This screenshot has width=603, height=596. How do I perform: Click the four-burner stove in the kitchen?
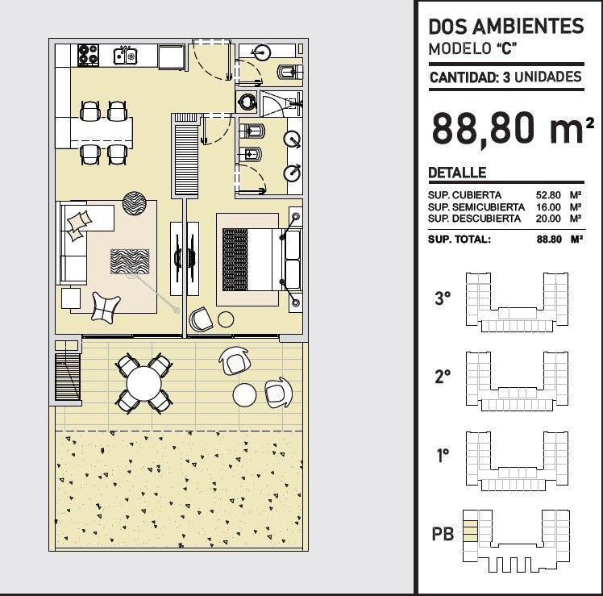[89, 55]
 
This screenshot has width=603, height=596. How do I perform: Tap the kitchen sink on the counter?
[126, 56]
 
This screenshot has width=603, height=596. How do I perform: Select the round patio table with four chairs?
[143, 383]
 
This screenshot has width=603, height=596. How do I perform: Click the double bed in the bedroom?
[261, 260]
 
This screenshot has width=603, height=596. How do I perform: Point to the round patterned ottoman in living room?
[134, 203]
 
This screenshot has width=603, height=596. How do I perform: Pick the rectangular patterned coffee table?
[130, 261]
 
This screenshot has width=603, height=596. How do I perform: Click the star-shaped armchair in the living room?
[106, 306]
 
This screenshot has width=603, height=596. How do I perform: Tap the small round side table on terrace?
[244, 394]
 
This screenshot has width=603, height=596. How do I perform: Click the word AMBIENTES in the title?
[528, 27]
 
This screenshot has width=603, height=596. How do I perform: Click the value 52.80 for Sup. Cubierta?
[548, 195]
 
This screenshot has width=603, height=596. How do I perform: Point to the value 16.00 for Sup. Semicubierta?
[548, 207]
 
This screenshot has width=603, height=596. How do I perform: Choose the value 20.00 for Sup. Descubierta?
[548, 219]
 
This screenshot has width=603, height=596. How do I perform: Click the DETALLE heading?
[457, 173]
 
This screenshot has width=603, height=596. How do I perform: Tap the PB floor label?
[443, 534]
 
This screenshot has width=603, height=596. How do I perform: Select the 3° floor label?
[443, 298]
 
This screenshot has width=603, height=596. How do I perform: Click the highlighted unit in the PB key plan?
[470, 531]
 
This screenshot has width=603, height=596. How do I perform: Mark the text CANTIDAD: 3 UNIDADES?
[505, 77]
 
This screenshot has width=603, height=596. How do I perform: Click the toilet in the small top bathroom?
[289, 72]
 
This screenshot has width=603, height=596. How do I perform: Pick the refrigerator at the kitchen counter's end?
[172, 57]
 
